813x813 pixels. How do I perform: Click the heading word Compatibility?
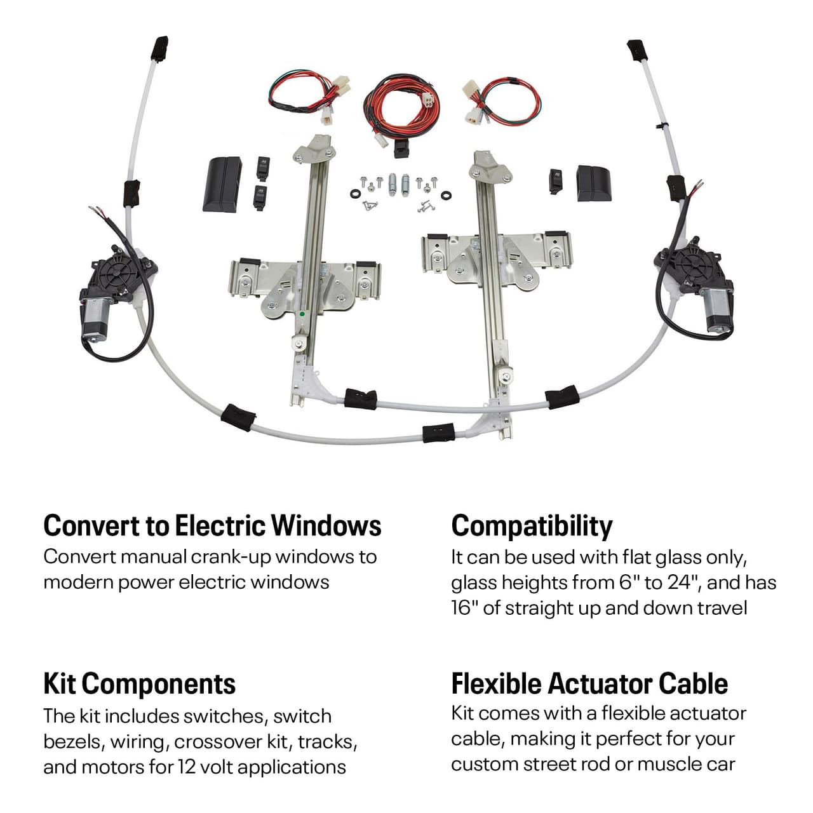pyautogui.click(x=532, y=527)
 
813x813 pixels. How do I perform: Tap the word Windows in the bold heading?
pyautogui.click(x=326, y=526)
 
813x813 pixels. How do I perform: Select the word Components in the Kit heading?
pyautogui.click(x=158, y=684)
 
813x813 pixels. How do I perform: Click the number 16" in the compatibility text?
pyautogui.click(x=464, y=608)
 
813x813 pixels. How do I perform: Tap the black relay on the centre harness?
pyautogui.click(x=401, y=150)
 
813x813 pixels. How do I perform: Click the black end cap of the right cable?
pyautogui.click(x=636, y=50)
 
